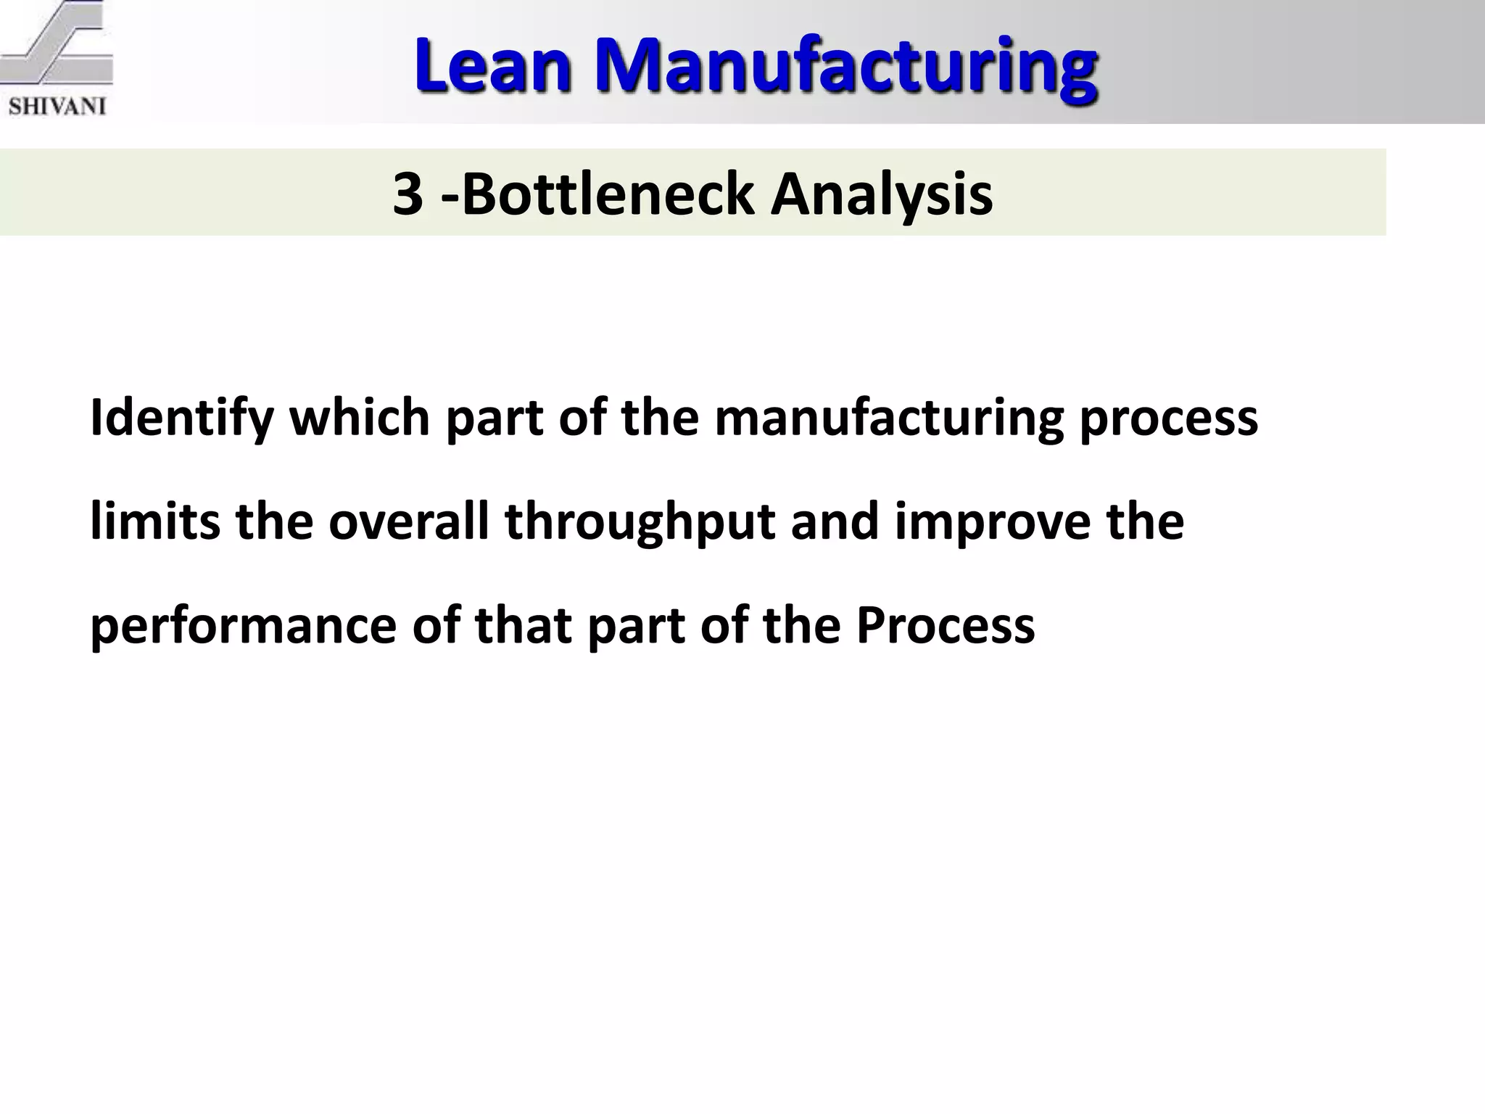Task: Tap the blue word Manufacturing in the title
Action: pos(845,67)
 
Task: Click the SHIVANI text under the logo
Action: pos(57,107)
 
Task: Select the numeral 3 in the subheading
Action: pos(408,194)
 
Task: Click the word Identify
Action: pos(181,418)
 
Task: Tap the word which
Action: pos(360,418)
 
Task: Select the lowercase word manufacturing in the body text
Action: pos(888,418)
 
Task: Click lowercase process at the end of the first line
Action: pos(1168,418)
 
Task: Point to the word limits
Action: pos(154,522)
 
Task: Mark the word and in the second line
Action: pos(834,522)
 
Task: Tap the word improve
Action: pos(992,522)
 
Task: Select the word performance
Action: pos(243,626)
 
